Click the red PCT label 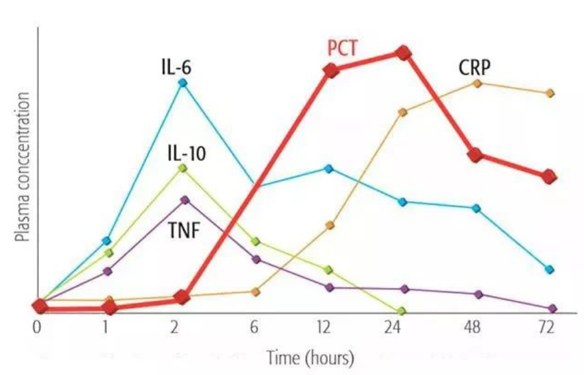pos(342,48)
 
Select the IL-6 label pos(176,66)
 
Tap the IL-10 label pos(187,153)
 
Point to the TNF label pos(184,231)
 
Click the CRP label pos(474,67)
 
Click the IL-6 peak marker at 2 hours pos(183,83)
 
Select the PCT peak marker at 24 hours pos(404,53)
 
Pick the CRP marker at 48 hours pos(477,83)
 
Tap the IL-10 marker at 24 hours pos(401,311)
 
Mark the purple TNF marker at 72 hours pos(553,308)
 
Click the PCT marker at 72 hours pos(549,176)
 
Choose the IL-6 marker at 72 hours pos(550,270)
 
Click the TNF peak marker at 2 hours pos(184,200)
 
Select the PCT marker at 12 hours pos(330,71)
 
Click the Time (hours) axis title pos(310,358)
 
